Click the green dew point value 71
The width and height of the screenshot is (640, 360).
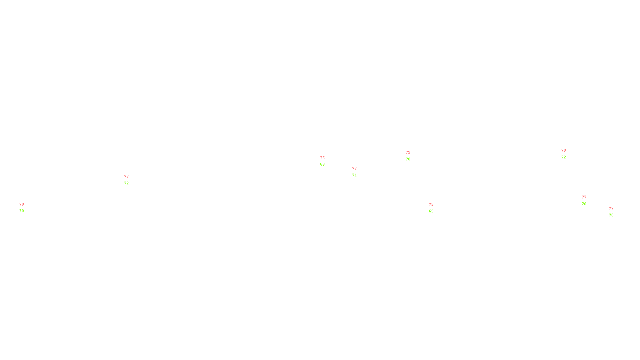coord(354,175)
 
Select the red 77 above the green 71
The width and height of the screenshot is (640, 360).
coord(354,168)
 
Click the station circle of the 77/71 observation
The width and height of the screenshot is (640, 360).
coord(358,172)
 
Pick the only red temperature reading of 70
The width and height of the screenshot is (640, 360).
coord(22,204)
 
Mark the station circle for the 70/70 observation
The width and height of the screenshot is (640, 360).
coord(25,208)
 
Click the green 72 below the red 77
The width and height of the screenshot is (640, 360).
coord(126,183)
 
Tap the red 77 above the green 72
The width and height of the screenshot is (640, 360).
coord(126,176)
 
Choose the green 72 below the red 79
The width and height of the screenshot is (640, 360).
coord(564,157)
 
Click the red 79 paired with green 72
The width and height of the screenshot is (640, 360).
coord(564,150)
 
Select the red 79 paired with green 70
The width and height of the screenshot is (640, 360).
coord(408,152)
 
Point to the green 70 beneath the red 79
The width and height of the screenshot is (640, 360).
coord(408,159)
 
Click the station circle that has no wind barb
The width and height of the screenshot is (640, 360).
coord(326,161)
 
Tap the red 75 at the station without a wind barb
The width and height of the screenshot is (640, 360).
coord(322,158)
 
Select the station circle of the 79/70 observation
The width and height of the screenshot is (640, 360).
coord(412,156)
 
